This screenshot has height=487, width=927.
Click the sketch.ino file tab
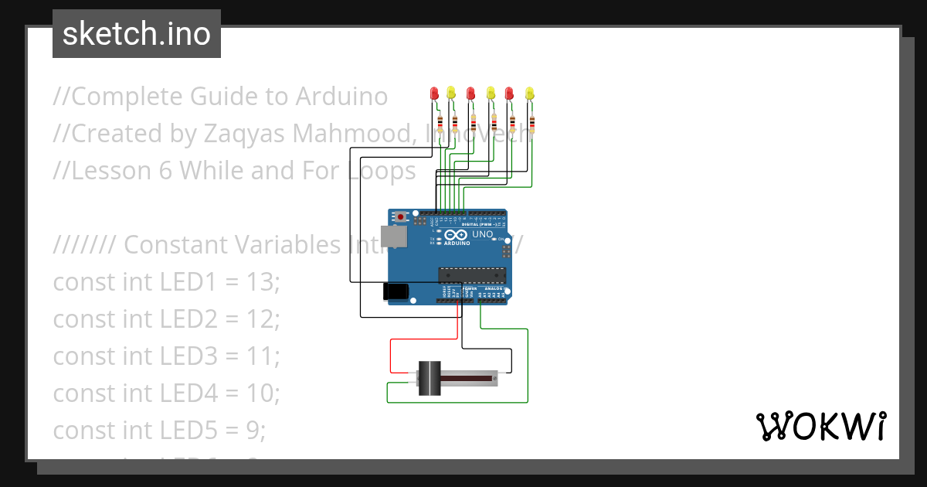click(x=136, y=34)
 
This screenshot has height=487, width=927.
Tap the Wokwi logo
click(x=820, y=426)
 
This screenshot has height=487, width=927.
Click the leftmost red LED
click(x=434, y=94)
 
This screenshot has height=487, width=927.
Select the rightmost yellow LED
click(x=529, y=94)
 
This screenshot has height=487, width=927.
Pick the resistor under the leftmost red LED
click(x=440, y=122)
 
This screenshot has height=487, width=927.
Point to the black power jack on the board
click(x=396, y=291)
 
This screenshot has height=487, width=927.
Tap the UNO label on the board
click(x=482, y=234)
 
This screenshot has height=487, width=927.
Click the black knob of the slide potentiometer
click(x=429, y=378)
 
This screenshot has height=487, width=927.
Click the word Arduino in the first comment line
click(x=341, y=97)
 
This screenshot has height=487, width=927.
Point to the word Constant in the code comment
click(x=171, y=245)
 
